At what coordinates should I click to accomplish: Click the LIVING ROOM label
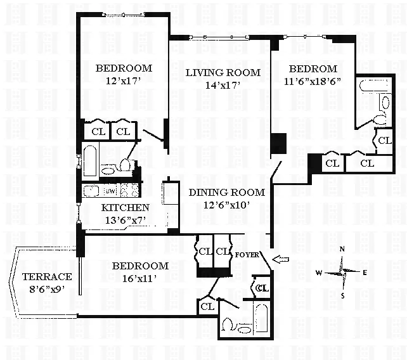click(x=223, y=72)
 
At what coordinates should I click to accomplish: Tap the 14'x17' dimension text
click(x=223, y=85)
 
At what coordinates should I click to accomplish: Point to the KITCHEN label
click(x=125, y=207)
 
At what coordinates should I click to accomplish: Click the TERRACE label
click(x=46, y=276)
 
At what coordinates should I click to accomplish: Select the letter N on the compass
click(x=342, y=250)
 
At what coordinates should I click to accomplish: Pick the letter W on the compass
click(x=320, y=273)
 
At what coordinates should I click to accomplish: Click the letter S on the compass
click(x=343, y=295)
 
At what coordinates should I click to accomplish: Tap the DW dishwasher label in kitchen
click(x=110, y=190)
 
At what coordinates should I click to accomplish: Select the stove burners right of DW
click(x=129, y=190)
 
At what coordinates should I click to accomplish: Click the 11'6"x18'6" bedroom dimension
click(x=313, y=81)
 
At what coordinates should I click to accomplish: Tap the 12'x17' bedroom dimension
click(x=124, y=80)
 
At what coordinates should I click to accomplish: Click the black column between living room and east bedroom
click(x=278, y=145)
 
